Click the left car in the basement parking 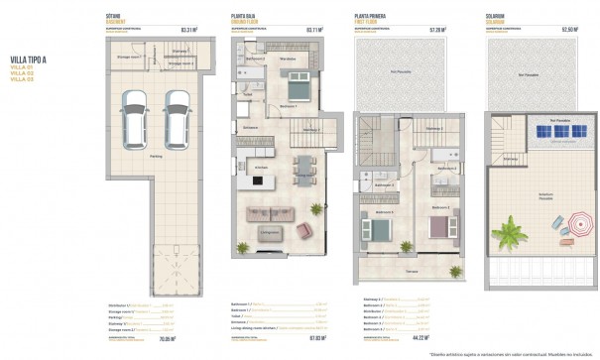[129, 113]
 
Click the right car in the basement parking [176, 113]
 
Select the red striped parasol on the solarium [571, 224]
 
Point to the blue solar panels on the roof [545, 133]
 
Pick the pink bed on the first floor [437, 227]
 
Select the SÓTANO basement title [113, 17]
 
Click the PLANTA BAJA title [245, 17]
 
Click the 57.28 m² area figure [436, 30]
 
